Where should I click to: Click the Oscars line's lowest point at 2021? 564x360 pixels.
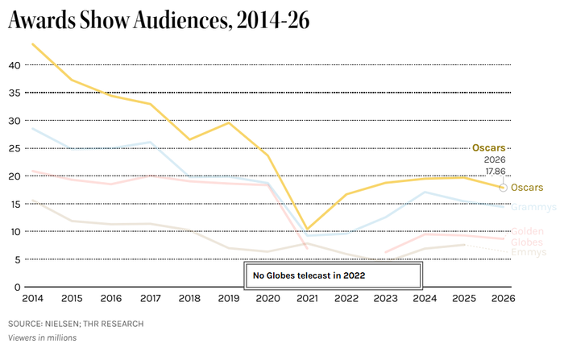coord(307,229)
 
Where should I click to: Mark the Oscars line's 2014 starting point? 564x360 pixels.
coord(33,44)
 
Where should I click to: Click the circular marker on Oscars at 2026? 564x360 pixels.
coord(504,188)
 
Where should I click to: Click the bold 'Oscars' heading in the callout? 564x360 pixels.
coord(487,148)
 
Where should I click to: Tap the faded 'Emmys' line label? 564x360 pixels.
coord(529,252)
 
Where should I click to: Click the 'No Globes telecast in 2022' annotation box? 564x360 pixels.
coord(334,275)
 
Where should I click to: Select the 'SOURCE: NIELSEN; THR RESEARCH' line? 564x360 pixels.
coord(76,324)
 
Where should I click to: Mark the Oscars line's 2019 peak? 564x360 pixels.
coord(229,122)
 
